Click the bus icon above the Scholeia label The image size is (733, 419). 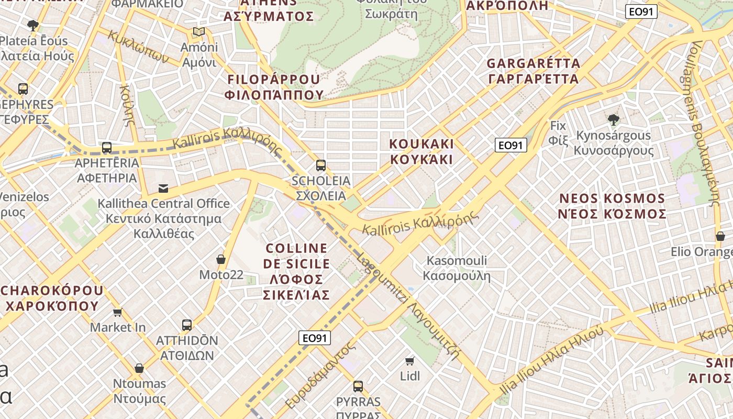321,166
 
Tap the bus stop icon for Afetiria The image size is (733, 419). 107,148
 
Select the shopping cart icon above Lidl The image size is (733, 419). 410,361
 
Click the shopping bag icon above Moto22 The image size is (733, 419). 221,259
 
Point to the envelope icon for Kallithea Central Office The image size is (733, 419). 163,188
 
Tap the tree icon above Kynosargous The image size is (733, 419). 614,120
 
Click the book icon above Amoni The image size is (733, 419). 198,32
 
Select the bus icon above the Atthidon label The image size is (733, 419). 187,325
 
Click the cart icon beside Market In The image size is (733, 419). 118,313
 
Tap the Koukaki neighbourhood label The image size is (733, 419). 421,151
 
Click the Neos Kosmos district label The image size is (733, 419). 613,206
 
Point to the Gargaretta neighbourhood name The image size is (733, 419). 533,71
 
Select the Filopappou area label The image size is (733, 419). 274,87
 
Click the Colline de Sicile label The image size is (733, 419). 297,271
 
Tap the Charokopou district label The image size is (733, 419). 52,298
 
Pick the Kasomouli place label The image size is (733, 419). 457,268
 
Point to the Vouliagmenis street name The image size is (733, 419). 702,120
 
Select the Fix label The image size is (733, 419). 558,133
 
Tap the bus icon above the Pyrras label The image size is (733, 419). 358,387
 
